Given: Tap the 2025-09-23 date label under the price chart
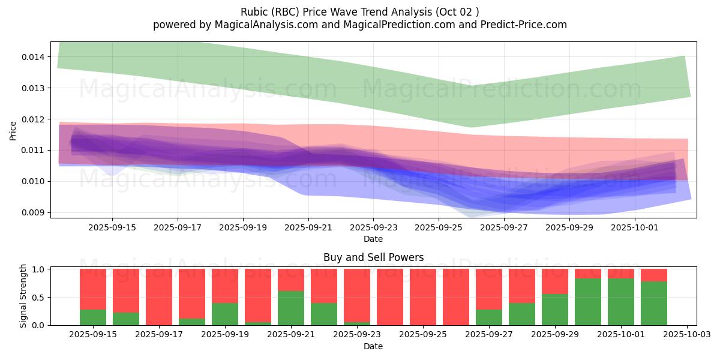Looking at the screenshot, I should click(373, 228).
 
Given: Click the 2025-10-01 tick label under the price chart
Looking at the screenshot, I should click(635, 228).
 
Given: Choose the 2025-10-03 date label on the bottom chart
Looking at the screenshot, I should click(686, 334).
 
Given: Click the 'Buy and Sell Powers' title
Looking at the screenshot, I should click(373, 257).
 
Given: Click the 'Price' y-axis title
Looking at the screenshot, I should click(13, 130).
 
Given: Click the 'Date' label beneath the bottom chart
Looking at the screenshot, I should click(373, 346).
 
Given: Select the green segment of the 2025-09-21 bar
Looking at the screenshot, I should click(291, 308).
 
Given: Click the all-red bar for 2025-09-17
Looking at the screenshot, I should click(159, 297).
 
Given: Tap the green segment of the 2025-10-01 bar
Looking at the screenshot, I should click(621, 302).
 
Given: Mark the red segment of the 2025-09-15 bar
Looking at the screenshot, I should click(93, 289).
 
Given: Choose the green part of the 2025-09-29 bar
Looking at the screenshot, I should click(555, 310).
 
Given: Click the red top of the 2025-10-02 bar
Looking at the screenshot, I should click(654, 275).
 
